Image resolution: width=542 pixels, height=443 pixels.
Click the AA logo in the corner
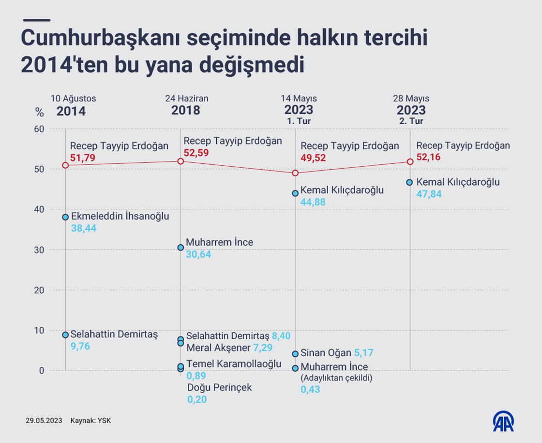503,421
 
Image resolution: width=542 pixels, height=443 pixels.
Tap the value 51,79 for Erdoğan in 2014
83,157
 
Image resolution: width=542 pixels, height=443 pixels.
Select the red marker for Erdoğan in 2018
181,161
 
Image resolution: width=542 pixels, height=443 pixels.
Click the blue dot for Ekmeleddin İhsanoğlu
65,217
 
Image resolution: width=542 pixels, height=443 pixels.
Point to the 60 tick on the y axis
39,129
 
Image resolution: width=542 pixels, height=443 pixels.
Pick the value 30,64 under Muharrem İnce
198,254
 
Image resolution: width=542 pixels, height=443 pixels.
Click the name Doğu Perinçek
220,388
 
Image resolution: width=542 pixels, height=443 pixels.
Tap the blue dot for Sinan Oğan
295,354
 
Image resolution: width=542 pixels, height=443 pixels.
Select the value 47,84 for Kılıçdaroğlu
429,194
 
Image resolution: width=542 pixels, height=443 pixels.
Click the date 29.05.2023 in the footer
44,421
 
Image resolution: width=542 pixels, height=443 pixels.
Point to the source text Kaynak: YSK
90,421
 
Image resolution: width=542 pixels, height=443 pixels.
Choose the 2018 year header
186,111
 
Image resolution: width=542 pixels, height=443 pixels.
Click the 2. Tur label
411,121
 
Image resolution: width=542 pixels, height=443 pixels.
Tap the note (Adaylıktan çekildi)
336,378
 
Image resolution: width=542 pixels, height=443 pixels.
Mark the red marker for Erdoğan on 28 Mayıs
410,162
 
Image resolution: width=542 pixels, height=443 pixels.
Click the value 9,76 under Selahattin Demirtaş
80,346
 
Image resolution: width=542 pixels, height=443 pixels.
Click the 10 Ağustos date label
73,98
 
